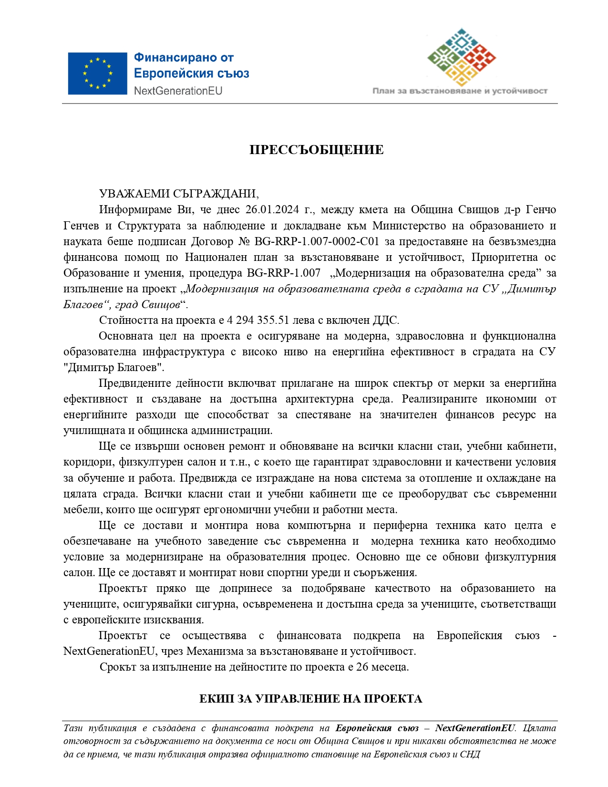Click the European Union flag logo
point(97,73)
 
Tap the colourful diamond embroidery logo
point(461,57)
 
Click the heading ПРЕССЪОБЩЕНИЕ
point(316,150)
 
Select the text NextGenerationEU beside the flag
point(178,91)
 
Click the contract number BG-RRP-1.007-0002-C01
point(317,241)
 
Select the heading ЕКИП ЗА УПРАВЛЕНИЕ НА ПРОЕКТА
point(310,699)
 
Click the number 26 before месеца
point(362,667)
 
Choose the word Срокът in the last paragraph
point(118,667)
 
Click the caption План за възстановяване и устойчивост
point(460,91)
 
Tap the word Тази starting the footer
point(73,728)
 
